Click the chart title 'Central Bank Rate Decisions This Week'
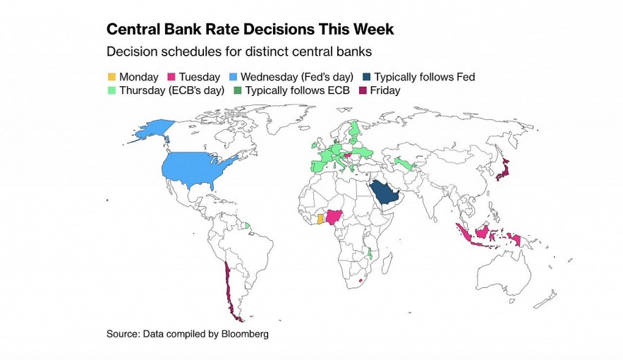(x=250, y=30)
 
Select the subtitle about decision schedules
(x=238, y=52)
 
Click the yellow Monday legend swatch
(x=111, y=77)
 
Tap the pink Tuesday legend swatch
(x=171, y=77)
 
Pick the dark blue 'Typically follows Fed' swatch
(x=366, y=77)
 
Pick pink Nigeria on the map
(x=335, y=216)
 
